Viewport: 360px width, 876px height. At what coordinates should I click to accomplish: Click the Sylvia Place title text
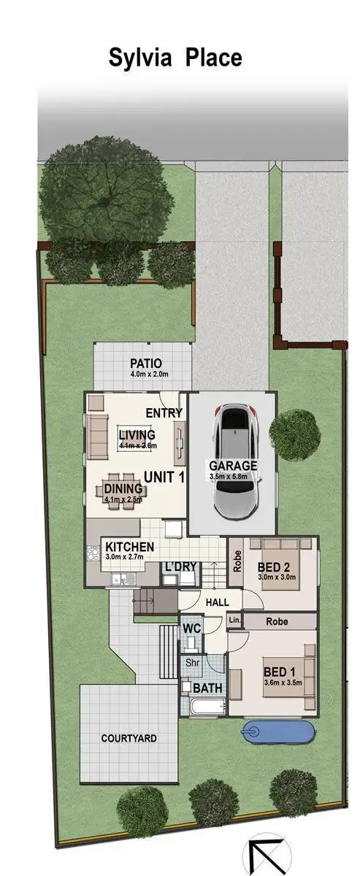(175, 57)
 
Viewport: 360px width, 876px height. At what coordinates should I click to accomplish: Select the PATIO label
(145, 363)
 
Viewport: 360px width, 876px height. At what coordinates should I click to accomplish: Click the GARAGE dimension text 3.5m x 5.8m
(233, 476)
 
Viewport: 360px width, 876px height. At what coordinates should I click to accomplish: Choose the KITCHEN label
(129, 547)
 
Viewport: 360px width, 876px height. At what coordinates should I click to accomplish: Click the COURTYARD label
(129, 738)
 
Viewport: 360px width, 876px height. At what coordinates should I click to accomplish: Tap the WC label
(191, 628)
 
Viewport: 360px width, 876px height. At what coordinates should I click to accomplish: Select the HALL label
(218, 603)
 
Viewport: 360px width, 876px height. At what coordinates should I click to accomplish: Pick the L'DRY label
(179, 566)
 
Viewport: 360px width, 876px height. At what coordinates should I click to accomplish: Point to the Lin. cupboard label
(234, 620)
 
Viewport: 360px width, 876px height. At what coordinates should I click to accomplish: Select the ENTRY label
(164, 413)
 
